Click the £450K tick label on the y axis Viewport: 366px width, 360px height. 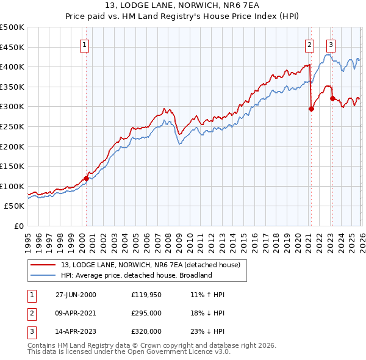[x=12, y=47]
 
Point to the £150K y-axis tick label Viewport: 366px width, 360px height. [x=12, y=166]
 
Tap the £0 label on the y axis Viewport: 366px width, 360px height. [x=20, y=226]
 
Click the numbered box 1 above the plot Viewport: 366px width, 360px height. [x=84, y=44]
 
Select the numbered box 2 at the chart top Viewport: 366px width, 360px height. [x=309, y=44]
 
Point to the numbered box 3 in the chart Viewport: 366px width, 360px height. [x=331, y=44]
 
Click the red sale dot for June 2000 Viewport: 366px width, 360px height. [x=86, y=178]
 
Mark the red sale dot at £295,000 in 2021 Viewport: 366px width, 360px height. [x=311, y=109]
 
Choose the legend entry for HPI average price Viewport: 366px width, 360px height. [x=135, y=275]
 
